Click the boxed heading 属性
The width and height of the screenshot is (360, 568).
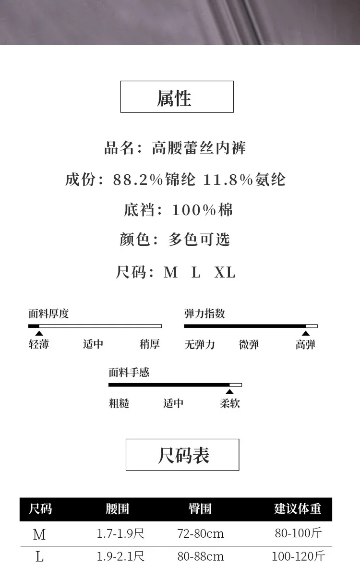(176, 97)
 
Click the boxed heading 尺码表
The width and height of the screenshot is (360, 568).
(182, 455)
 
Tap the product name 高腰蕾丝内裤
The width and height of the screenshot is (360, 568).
(199, 148)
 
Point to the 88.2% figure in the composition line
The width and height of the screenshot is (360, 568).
(138, 180)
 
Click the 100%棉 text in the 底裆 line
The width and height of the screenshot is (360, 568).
(202, 210)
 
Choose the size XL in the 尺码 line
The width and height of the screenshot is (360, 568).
(225, 273)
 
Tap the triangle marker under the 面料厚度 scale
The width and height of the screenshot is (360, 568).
(39, 333)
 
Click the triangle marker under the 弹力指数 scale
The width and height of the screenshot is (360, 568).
(306, 333)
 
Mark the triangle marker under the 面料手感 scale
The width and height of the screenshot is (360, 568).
(230, 392)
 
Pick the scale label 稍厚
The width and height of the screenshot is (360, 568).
(149, 344)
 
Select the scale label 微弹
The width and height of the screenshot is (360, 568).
(249, 344)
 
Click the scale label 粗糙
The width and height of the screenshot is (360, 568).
(119, 403)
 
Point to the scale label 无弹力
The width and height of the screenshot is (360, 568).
(200, 344)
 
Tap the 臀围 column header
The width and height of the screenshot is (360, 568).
(200, 509)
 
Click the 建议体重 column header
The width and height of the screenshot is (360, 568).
(298, 509)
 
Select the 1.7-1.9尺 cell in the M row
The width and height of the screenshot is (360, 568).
(120, 533)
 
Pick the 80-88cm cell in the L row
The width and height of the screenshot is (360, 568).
(201, 556)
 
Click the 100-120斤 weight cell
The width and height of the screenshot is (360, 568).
(299, 556)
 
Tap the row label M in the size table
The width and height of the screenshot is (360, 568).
(39, 534)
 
